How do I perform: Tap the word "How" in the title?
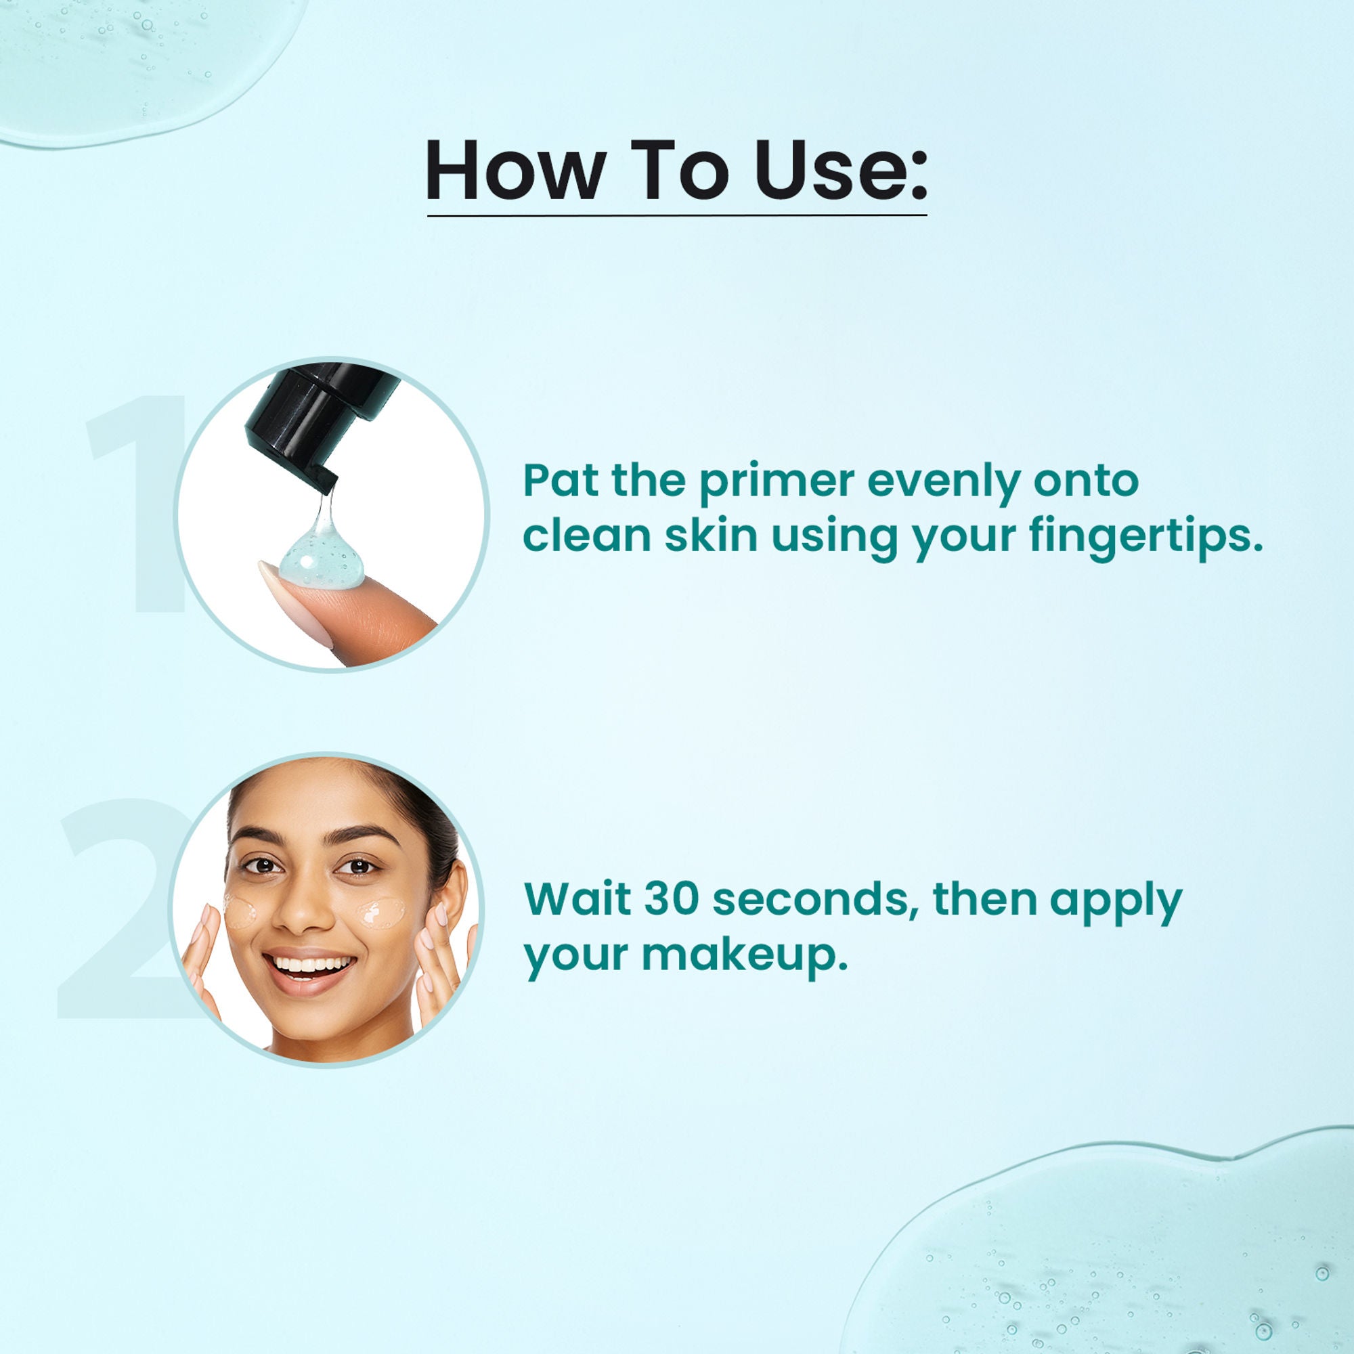(515, 171)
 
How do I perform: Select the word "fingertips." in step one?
(1146, 537)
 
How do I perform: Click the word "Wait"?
(577, 898)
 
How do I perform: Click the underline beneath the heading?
(676, 215)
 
